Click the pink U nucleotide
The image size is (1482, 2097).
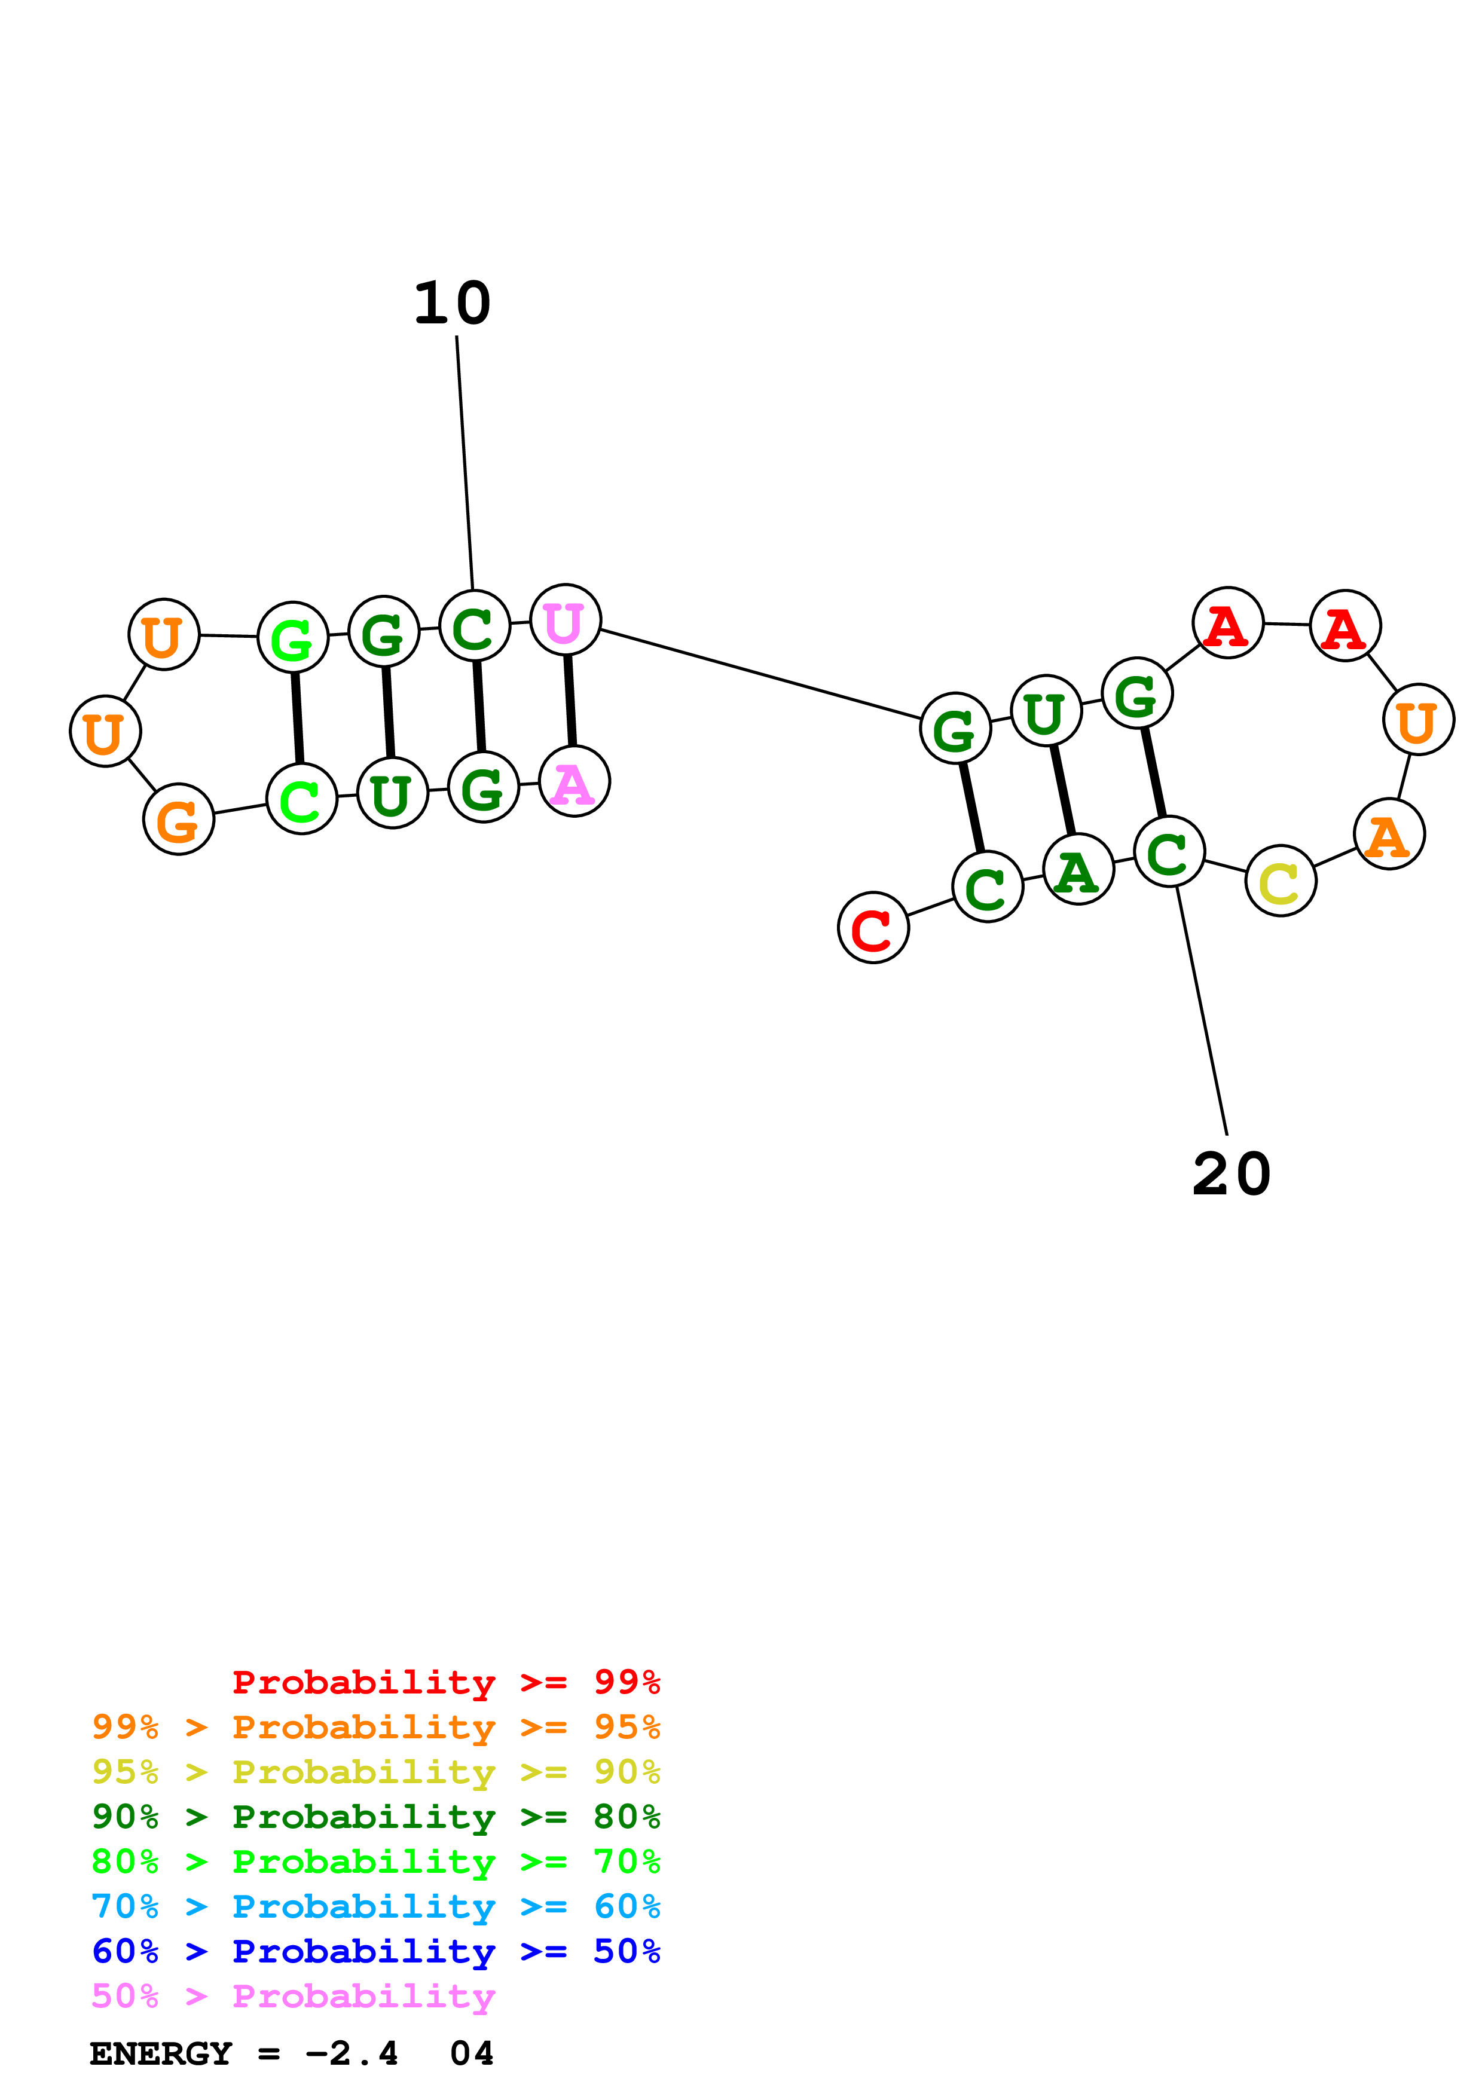(x=565, y=620)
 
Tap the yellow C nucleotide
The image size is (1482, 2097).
(x=1280, y=881)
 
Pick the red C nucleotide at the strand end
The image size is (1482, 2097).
(x=873, y=928)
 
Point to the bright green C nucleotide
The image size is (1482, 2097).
(x=301, y=799)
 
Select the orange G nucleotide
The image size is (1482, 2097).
(x=179, y=820)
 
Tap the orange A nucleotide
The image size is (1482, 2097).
(x=1389, y=834)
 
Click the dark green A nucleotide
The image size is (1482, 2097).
(x=1077, y=870)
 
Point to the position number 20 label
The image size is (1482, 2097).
(x=1231, y=1175)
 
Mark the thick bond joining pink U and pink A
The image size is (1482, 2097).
(x=570, y=701)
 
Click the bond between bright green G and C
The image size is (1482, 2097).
(x=297, y=719)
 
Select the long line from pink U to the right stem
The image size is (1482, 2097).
(x=760, y=674)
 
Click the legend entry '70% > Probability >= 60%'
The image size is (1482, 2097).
(x=375, y=1907)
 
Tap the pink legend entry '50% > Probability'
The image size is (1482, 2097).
(x=293, y=1997)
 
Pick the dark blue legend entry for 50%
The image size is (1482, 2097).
(x=375, y=1952)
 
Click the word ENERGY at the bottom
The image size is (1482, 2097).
(x=161, y=2054)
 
